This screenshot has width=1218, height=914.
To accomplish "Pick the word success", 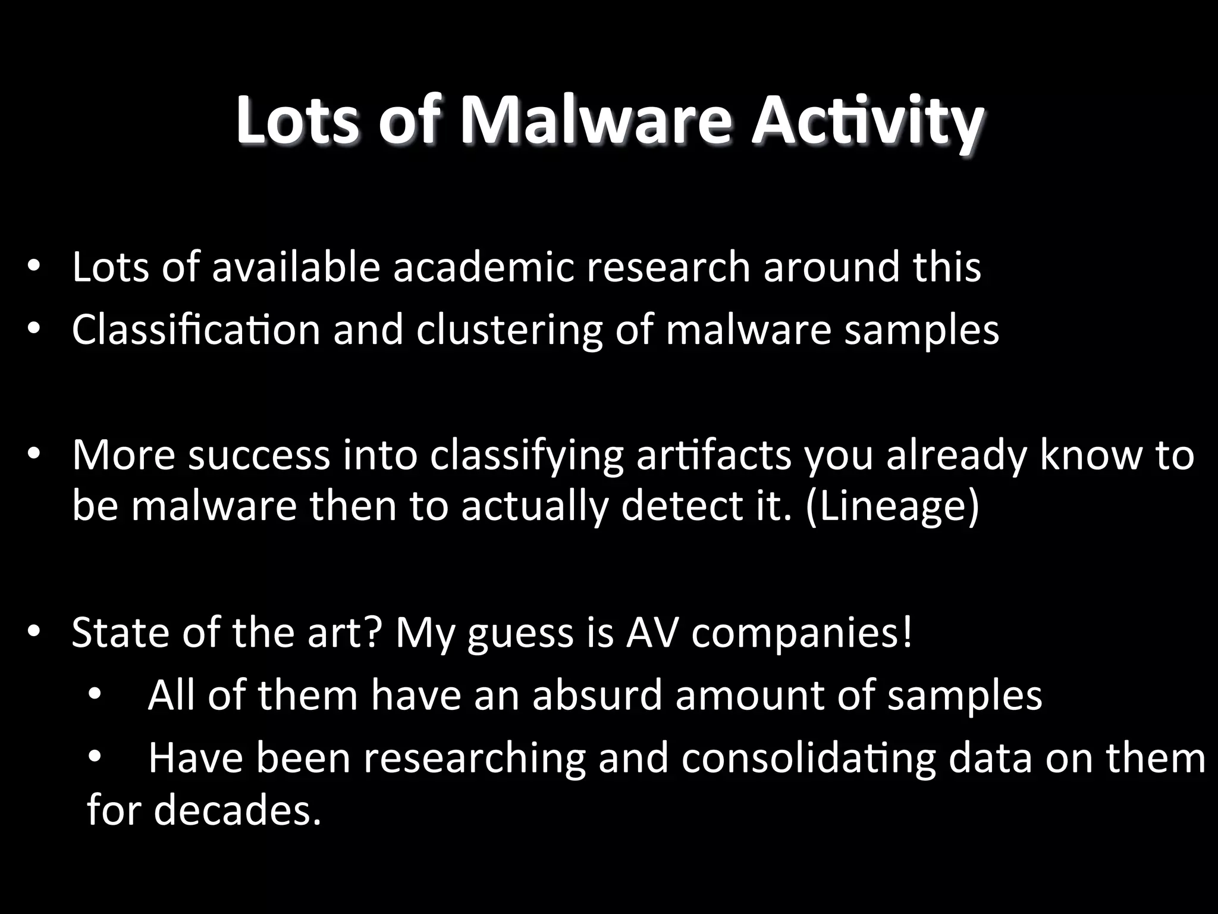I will point(259,455).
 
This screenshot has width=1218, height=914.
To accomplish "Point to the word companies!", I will point(802,633).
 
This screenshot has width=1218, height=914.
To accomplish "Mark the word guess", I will point(520,633).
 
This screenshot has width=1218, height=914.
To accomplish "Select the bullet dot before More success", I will point(33,453).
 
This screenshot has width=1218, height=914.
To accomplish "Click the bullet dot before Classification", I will point(33,328).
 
